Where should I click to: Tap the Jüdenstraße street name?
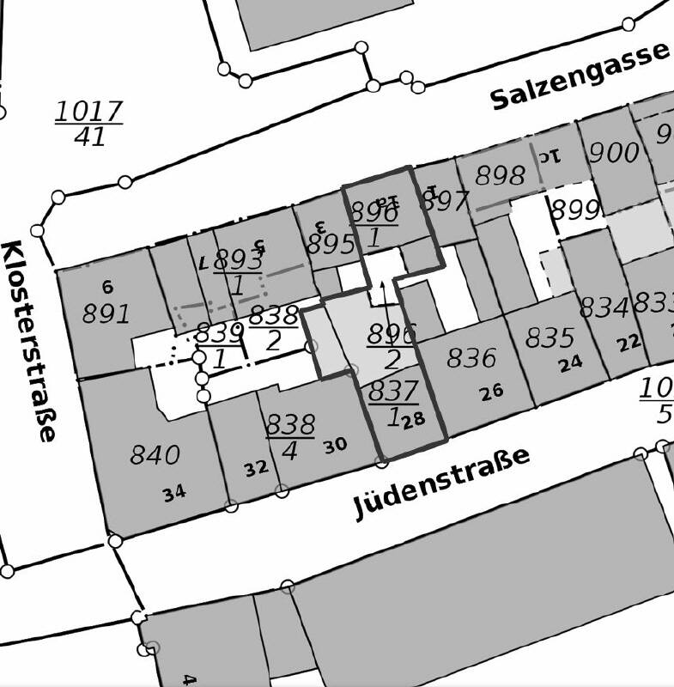coord(442,483)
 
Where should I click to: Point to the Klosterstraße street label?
coord(27,340)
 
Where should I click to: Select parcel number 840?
coord(155,454)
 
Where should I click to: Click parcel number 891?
coord(106,313)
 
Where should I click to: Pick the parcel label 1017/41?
coord(88,124)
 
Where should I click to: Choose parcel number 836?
coord(471,357)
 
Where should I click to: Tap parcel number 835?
coord(550,337)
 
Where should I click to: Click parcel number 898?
coord(500,176)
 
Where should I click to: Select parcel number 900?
coord(614,153)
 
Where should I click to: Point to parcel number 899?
coord(574,210)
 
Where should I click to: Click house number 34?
coord(173,493)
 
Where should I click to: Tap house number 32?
coord(256,468)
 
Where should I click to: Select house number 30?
coord(335,445)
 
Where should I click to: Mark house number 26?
coord(491,392)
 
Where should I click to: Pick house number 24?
coord(570,364)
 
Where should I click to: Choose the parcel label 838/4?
coord(290,437)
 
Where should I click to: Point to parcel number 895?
coord(331,245)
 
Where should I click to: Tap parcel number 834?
coord(604,307)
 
